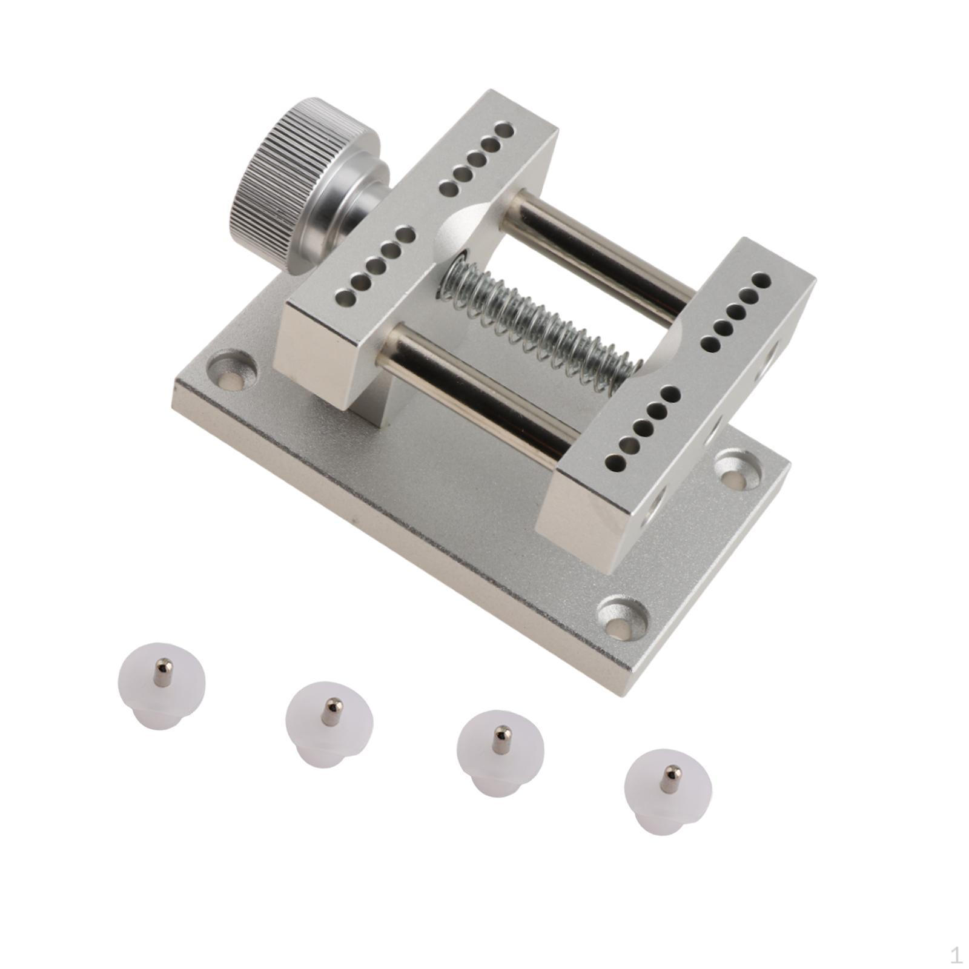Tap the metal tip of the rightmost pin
tap(669, 779)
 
